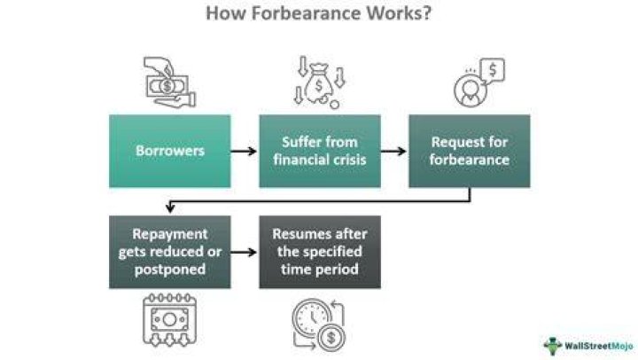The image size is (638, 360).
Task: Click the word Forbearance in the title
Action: point(306,12)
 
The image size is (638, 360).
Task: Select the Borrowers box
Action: point(169,151)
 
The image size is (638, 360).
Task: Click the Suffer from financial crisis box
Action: point(320,151)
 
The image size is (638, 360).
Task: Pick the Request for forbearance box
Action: point(470,151)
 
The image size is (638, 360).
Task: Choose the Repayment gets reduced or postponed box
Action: point(169,252)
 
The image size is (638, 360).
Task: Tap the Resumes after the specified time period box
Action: point(320,252)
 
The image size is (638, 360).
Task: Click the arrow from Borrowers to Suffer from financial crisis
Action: point(244,151)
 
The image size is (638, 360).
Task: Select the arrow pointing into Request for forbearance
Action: point(393,151)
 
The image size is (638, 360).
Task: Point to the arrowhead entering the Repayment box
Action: point(170,208)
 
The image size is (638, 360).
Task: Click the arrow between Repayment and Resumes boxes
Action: point(244,253)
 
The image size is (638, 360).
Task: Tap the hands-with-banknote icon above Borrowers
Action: point(169,82)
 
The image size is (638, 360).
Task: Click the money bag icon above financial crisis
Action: point(319,86)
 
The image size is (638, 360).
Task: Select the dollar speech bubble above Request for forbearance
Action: point(493,70)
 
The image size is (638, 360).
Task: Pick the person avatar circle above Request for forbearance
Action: point(470,90)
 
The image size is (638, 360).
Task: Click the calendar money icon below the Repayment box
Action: point(169,319)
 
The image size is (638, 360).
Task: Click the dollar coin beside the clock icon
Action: point(331,337)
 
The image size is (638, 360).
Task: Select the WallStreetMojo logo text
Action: point(599,346)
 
